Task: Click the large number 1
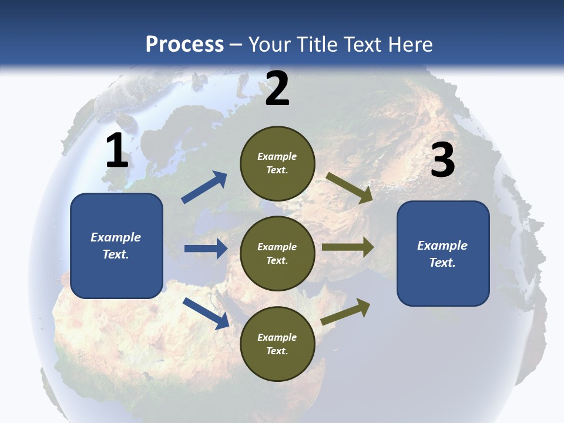click(117, 150)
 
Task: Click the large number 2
click(277, 89)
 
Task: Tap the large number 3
click(442, 160)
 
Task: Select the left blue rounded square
click(116, 246)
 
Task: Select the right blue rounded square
click(443, 254)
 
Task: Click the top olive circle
click(277, 163)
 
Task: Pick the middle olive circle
click(277, 254)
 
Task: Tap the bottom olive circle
click(277, 344)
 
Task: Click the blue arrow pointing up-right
click(204, 187)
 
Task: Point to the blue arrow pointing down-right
click(206, 313)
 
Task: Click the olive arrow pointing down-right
click(349, 187)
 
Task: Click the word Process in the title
click(184, 44)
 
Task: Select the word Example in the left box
click(116, 237)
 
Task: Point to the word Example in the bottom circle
click(277, 337)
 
